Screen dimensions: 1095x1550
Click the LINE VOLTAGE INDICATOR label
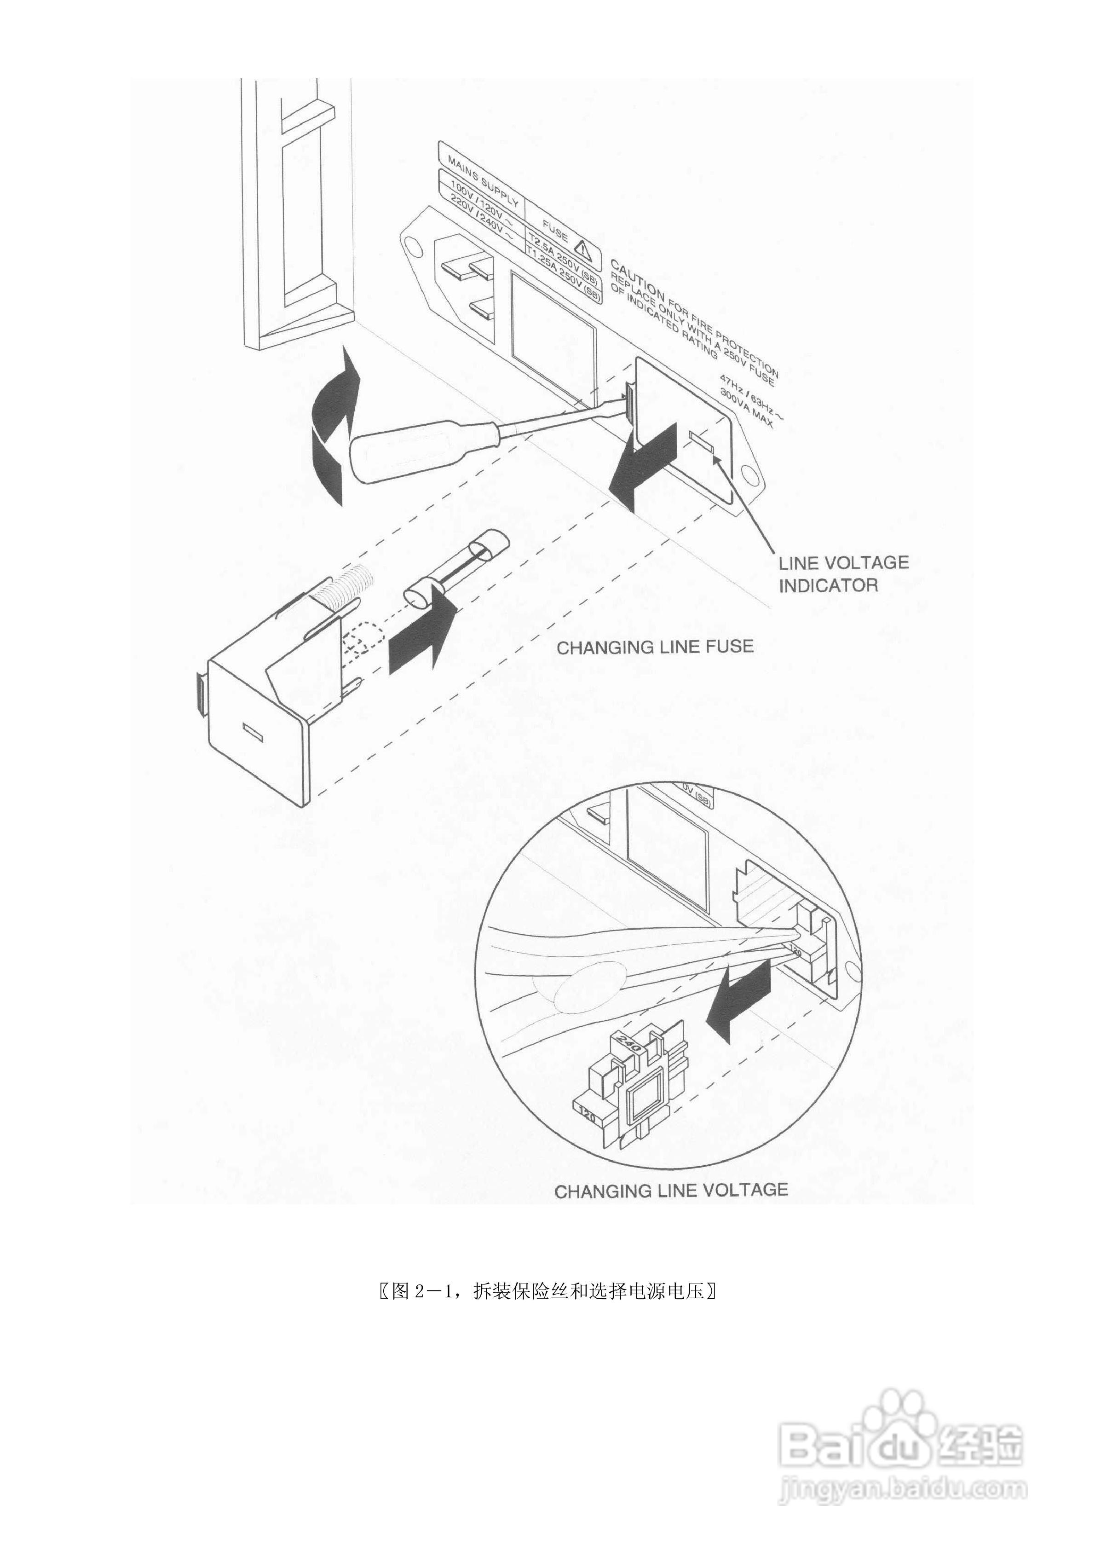[x=843, y=573]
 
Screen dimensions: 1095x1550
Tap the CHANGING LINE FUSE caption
[x=654, y=647]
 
